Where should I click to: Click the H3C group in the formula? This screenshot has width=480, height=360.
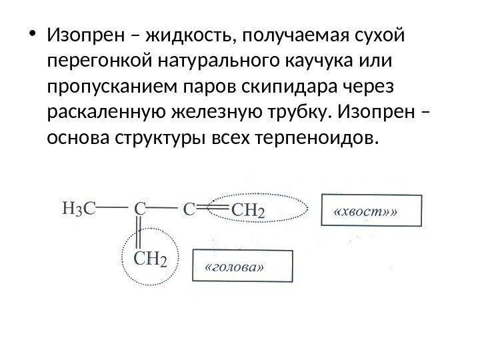click(78, 209)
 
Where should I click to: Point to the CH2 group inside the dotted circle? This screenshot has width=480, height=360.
click(151, 257)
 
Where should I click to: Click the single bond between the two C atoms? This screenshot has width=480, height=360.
click(163, 207)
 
